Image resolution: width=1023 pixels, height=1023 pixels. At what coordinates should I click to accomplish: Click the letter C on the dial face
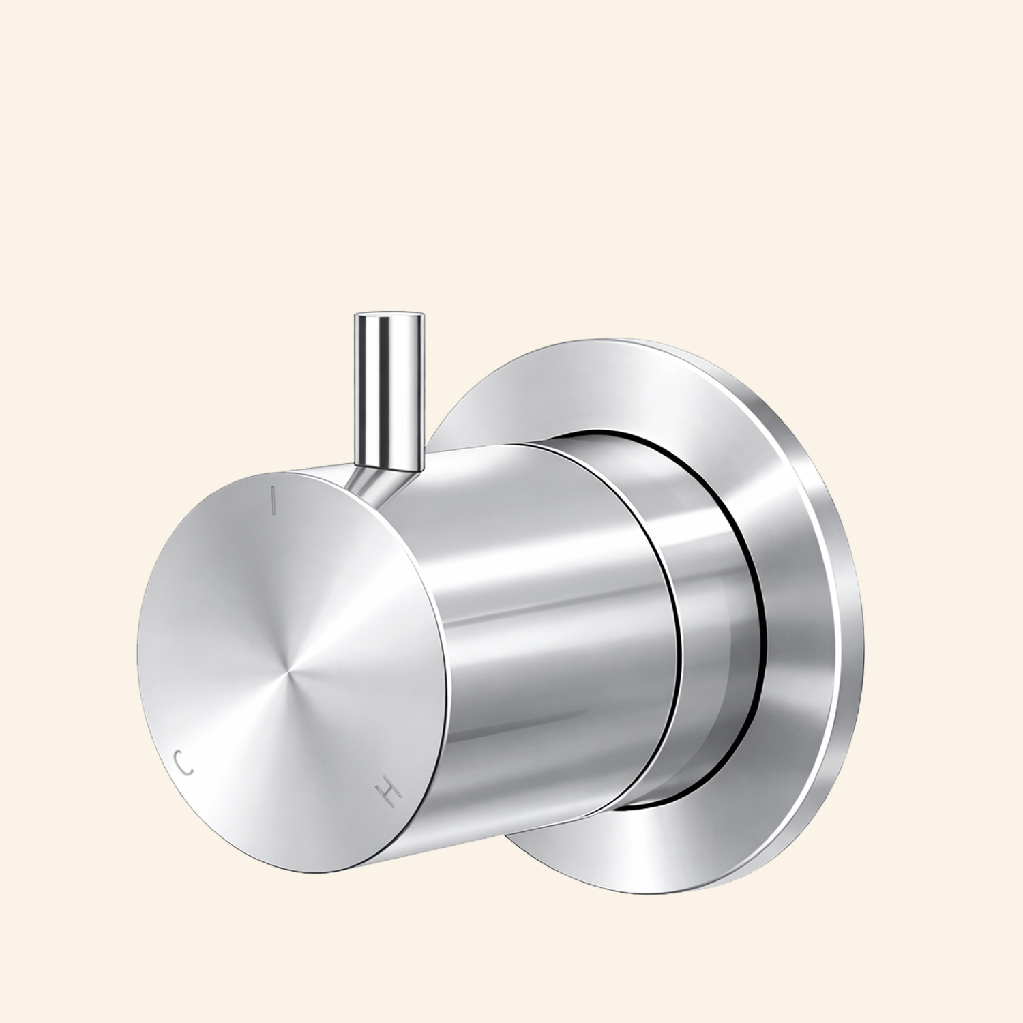click(x=183, y=762)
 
